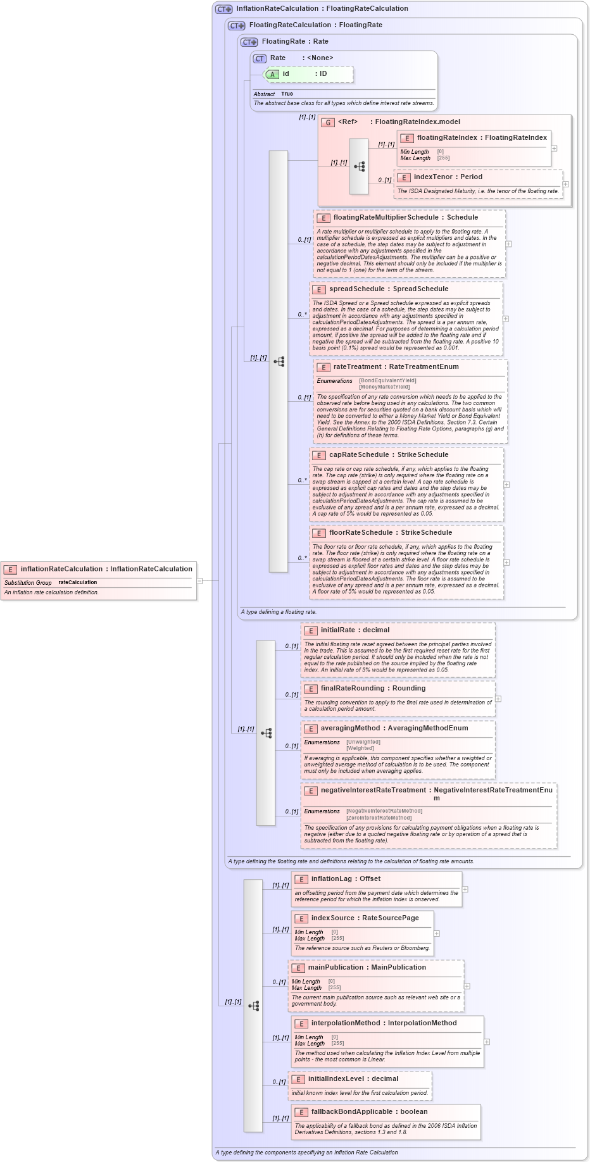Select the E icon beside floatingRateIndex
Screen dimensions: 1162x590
(x=408, y=138)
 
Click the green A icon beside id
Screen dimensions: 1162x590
(x=272, y=74)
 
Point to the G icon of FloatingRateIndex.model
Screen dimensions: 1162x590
(x=328, y=122)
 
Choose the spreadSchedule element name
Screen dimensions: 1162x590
(x=356, y=289)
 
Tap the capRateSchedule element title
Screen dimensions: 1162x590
(x=358, y=455)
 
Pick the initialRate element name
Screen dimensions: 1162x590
(x=337, y=630)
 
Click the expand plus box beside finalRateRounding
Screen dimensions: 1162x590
(x=498, y=699)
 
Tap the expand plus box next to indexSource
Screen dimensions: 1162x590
(x=437, y=934)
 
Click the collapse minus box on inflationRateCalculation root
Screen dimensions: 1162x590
(x=199, y=580)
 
